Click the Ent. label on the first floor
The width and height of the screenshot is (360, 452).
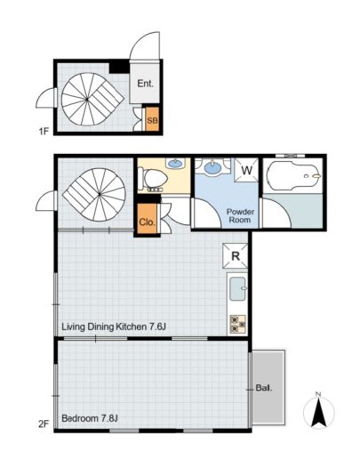coord(145,84)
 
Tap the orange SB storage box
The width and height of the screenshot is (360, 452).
coord(152,119)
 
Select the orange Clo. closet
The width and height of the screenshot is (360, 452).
coord(147,219)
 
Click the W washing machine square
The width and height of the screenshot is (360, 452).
coord(246,170)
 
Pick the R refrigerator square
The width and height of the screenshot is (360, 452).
coord(236,255)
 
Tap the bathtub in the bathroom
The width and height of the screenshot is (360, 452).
coord(293,176)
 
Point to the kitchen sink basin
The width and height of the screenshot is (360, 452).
coord(238,288)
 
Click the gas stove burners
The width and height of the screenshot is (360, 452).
coord(238,323)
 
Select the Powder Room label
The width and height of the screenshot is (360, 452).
coord(240,216)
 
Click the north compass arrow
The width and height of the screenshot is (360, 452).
coord(319,412)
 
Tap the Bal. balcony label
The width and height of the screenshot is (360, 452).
coord(264,388)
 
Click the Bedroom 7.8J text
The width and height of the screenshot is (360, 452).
coord(90,418)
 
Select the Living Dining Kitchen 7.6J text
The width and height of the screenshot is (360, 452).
coord(114,327)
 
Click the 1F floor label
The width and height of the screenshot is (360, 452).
coord(44,131)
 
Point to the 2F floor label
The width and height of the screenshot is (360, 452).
coord(44,424)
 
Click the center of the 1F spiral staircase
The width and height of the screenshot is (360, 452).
coord(87,100)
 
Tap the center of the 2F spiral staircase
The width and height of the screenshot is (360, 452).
coord(100,194)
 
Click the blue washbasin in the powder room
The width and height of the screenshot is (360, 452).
coord(212,166)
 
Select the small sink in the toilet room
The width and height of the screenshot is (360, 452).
coord(175,163)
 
